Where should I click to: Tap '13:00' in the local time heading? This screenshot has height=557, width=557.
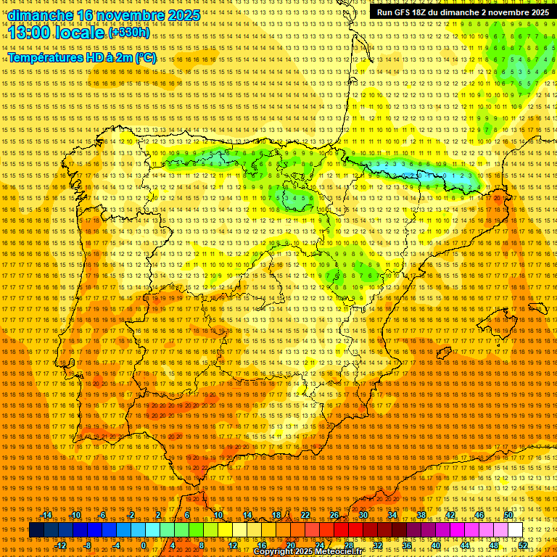[33, 33]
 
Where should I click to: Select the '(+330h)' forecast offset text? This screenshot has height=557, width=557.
[129, 33]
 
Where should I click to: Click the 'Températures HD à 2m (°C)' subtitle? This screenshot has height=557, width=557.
[81, 58]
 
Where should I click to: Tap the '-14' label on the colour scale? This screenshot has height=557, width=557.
[46, 515]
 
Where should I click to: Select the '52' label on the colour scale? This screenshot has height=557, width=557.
[522, 545]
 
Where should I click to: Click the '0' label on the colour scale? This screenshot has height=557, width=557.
[144, 545]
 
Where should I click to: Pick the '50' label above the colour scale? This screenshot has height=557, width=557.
[508, 515]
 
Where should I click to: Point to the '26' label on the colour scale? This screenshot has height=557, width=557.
[334, 515]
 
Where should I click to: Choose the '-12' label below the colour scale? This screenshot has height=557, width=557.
[61, 545]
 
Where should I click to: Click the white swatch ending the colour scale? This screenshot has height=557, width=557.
[516, 530]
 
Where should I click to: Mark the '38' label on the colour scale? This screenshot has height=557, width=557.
[421, 515]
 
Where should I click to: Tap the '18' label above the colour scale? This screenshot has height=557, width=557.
[276, 515]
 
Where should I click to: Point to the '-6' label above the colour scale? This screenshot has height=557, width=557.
[102, 515]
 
